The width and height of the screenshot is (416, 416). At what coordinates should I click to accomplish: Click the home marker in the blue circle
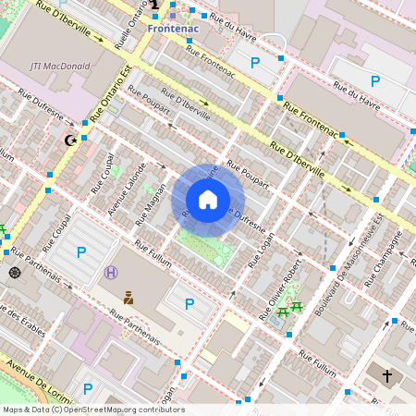208,200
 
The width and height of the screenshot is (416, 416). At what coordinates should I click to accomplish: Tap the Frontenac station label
175,29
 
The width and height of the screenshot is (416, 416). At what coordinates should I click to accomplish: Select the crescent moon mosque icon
68,141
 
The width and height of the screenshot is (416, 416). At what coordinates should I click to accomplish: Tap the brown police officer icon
128,297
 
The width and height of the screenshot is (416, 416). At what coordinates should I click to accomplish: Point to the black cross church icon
386,376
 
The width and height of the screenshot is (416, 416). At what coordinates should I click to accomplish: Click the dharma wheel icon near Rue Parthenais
15,272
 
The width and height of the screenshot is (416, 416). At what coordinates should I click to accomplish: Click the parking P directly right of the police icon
190,303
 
